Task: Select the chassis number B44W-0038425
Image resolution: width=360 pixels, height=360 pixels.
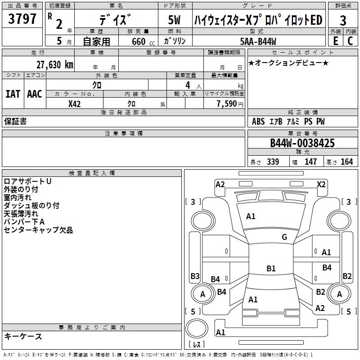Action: [302, 143]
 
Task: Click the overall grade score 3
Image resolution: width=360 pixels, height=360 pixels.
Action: [343, 20]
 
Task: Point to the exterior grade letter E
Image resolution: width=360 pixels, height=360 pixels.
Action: [335, 40]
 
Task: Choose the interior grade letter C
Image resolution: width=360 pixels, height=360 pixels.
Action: [351, 40]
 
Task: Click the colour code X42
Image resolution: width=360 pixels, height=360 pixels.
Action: [75, 104]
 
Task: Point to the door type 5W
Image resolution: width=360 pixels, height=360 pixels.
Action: [174, 20]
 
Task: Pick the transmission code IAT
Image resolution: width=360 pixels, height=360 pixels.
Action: [13, 94]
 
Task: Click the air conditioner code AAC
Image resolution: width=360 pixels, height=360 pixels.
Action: [34, 94]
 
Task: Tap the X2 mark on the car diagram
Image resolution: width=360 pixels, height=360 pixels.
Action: [321, 184]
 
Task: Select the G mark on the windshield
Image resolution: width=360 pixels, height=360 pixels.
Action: [284, 237]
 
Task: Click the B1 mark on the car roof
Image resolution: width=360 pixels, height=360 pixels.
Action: [271, 269]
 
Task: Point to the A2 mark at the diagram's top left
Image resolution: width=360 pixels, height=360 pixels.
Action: [220, 184]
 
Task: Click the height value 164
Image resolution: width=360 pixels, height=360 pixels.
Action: [346, 162]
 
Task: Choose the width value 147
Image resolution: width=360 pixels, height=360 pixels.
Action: [310, 162]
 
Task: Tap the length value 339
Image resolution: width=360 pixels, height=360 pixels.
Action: [273, 162]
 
